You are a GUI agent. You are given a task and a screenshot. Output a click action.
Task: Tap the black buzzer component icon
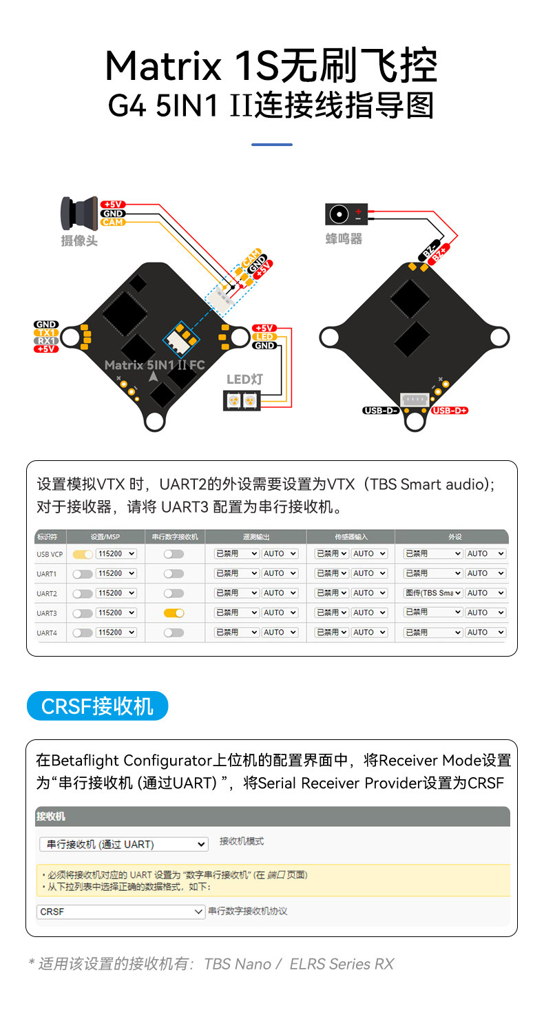click(x=346, y=215)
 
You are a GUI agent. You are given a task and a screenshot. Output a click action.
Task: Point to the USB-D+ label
click(x=450, y=411)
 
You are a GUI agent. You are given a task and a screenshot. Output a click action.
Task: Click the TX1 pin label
click(x=47, y=333)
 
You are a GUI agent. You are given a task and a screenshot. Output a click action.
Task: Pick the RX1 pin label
click(x=47, y=341)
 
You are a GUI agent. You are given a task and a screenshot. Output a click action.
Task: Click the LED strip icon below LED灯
click(x=241, y=400)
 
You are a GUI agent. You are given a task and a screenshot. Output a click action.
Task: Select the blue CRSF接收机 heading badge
click(x=97, y=706)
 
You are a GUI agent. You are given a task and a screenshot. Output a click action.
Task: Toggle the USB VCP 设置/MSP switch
click(x=83, y=554)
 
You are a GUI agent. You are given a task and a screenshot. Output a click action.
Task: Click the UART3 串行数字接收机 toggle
click(x=174, y=613)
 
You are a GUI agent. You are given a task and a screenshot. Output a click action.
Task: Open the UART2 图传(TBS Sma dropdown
click(x=433, y=593)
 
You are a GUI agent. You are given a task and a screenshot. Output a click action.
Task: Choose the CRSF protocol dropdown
click(x=121, y=912)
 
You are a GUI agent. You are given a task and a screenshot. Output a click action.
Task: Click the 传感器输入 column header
click(x=351, y=537)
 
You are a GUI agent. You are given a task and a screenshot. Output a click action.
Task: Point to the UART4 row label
click(x=47, y=633)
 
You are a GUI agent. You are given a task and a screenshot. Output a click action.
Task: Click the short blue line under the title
click(x=272, y=145)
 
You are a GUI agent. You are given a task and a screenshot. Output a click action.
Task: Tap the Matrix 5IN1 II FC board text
click(x=155, y=364)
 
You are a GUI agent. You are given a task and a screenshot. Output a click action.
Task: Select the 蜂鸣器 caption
click(x=344, y=239)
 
